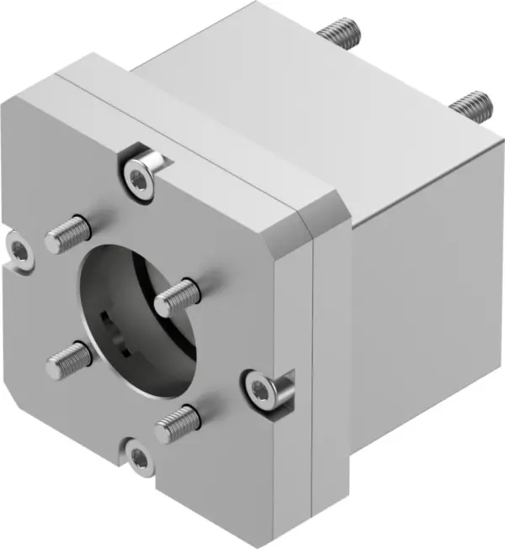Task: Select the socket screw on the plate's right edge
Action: tap(258, 388)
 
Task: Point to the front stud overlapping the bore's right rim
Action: tap(178, 294)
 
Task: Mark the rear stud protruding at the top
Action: tap(340, 33)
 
